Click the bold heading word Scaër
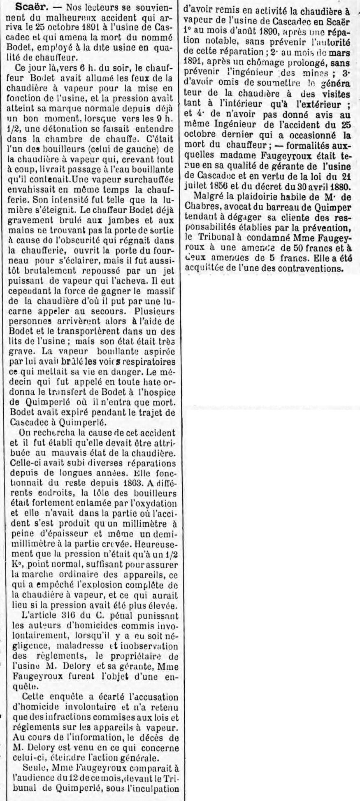(27, 8)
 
